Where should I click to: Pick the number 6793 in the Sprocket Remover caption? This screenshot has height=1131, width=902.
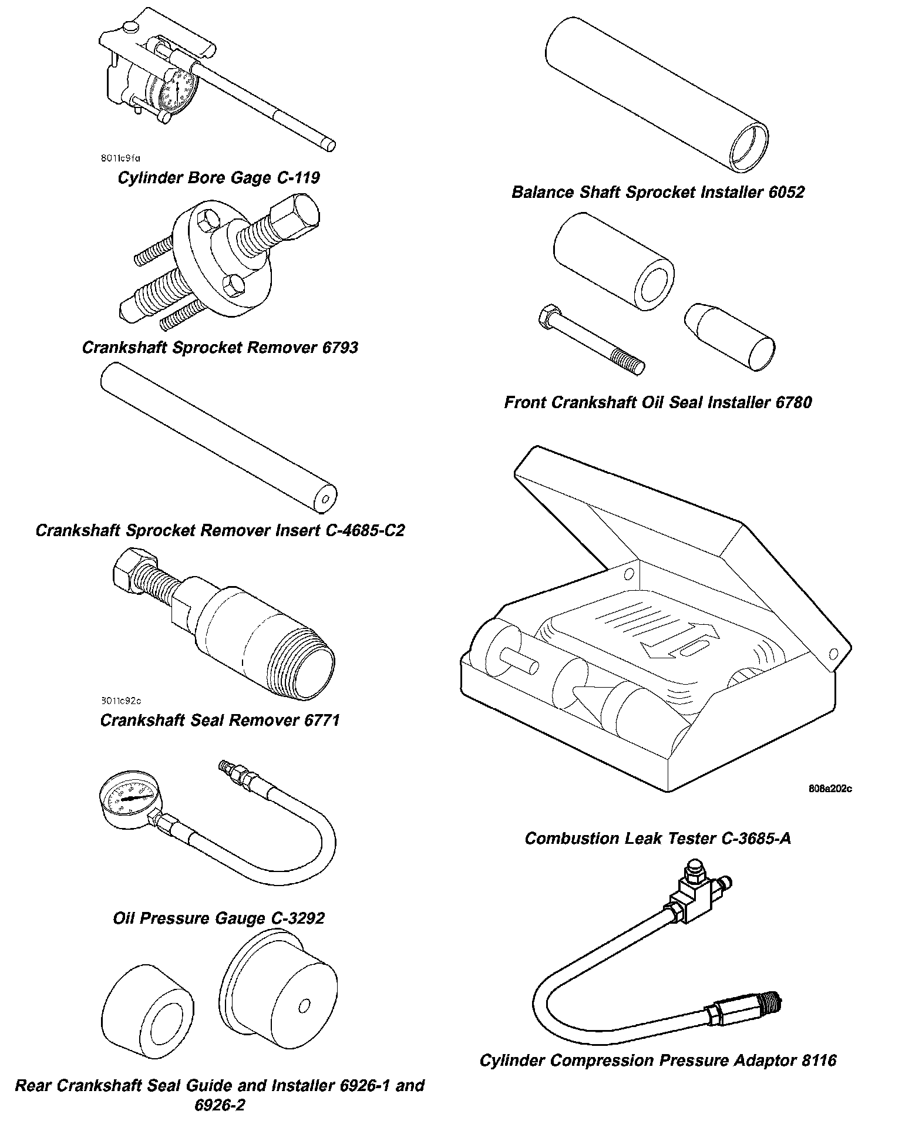pos(340,348)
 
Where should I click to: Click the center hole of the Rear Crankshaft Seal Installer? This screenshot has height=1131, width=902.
pos(304,1007)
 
